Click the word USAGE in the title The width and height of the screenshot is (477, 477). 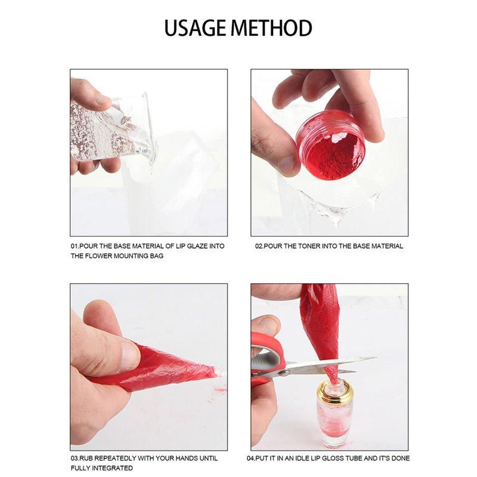(x=196, y=28)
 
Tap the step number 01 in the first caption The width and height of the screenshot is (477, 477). (x=74, y=246)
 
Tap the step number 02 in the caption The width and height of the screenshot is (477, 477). (x=259, y=246)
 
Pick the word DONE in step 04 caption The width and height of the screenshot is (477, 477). (x=400, y=458)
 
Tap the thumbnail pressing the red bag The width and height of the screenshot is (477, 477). (x=129, y=353)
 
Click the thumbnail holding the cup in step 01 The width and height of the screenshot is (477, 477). (x=103, y=99)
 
